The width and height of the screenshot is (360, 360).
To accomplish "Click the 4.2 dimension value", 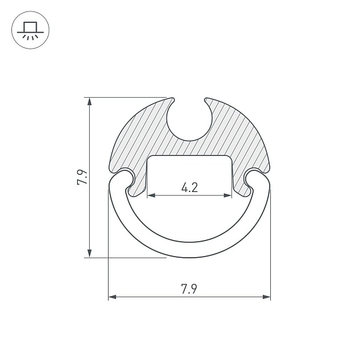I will [189, 187].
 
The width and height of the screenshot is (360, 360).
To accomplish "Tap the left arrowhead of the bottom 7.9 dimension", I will [112, 297].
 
